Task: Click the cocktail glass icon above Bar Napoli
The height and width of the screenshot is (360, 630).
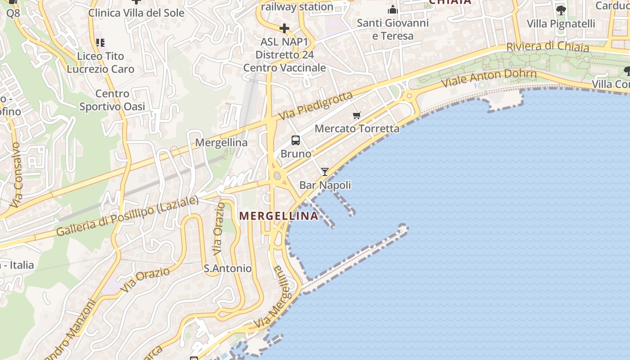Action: (x=324, y=171)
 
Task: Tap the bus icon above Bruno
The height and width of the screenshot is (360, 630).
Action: (x=295, y=140)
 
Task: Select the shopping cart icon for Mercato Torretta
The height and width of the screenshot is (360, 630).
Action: (x=357, y=115)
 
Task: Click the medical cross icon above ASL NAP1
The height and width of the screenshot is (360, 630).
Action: (x=284, y=28)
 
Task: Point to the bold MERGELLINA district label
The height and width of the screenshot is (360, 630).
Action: (x=279, y=216)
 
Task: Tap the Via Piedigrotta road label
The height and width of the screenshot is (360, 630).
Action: (x=315, y=106)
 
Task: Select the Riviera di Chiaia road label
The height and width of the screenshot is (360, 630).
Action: (x=547, y=46)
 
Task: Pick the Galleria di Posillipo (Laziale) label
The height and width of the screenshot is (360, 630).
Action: (x=127, y=216)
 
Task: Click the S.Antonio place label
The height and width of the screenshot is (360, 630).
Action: (x=228, y=269)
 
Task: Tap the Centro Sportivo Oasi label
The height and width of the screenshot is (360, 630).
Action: (x=112, y=100)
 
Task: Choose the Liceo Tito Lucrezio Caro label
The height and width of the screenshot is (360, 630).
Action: (x=100, y=63)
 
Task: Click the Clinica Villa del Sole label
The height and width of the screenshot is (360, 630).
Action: (x=136, y=13)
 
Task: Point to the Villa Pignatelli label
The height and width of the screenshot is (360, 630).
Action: (x=561, y=23)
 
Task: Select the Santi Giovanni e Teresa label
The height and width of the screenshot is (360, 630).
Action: (x=392, y=29)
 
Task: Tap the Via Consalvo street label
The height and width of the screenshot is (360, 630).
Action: (x=16, y=175)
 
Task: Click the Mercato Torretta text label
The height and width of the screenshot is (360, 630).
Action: (x=357, y=129)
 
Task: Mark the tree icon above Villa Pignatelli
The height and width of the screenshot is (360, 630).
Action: (x=561, y=10)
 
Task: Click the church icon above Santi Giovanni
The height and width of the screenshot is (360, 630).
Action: (x=393, y=9)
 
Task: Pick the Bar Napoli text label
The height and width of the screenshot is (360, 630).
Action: (x=325, y=185)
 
